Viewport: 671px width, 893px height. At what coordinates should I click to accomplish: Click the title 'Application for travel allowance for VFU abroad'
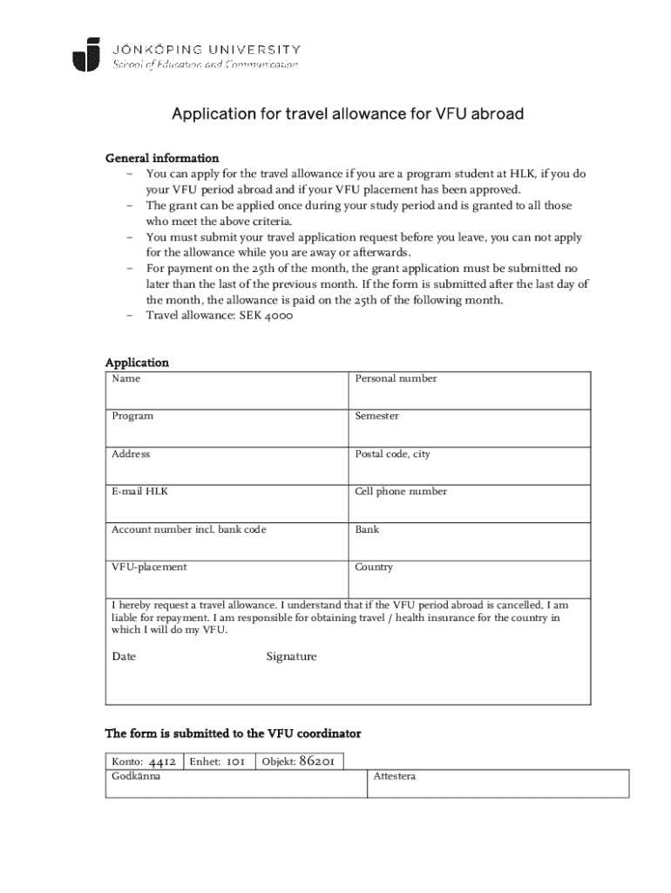pyautogui.click(x=347, y=114)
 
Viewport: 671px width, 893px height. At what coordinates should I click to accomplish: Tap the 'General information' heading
pyautogui.click(x=162, y=158)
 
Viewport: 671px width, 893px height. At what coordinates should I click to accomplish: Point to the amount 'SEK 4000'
pyautogui.click(x=267, y=316)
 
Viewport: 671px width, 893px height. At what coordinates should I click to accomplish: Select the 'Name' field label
pyautogui.click(x=125, y=378)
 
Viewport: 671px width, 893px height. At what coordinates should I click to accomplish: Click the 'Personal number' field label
pyautogui.click(x=396, y=378)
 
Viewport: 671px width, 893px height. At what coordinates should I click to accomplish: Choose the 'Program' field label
pyautogui.click(x=132, y=416)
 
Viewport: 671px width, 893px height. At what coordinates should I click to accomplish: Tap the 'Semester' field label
pyautogui.click(x=376, y=416)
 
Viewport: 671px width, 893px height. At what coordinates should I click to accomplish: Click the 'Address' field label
pyautogui.click(x=131, y=454)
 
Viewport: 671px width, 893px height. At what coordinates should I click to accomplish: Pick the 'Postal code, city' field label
pyautogui.click(x=392, y=454)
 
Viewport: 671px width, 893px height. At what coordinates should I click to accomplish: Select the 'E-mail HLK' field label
pyautogui.click(x=140, y=492)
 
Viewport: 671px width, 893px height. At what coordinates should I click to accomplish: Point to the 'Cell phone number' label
pyautogui.click(x=401, y=492)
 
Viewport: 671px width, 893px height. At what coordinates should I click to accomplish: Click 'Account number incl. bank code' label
pyautogui.click(x=189, y=529)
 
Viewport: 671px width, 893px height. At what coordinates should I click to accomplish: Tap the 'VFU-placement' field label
pyautogui.click(x=149, y=567)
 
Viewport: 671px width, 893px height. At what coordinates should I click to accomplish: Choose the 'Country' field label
pyautogui.click(x=374, y=567)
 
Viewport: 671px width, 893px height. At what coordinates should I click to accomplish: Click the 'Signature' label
pyautogui.click(x=291, y=657)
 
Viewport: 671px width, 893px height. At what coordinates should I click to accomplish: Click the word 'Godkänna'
pyautogui.click(x=136, y=775)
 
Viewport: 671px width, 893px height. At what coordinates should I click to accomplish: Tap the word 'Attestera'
pyautogui.click(x=394, y=775)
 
